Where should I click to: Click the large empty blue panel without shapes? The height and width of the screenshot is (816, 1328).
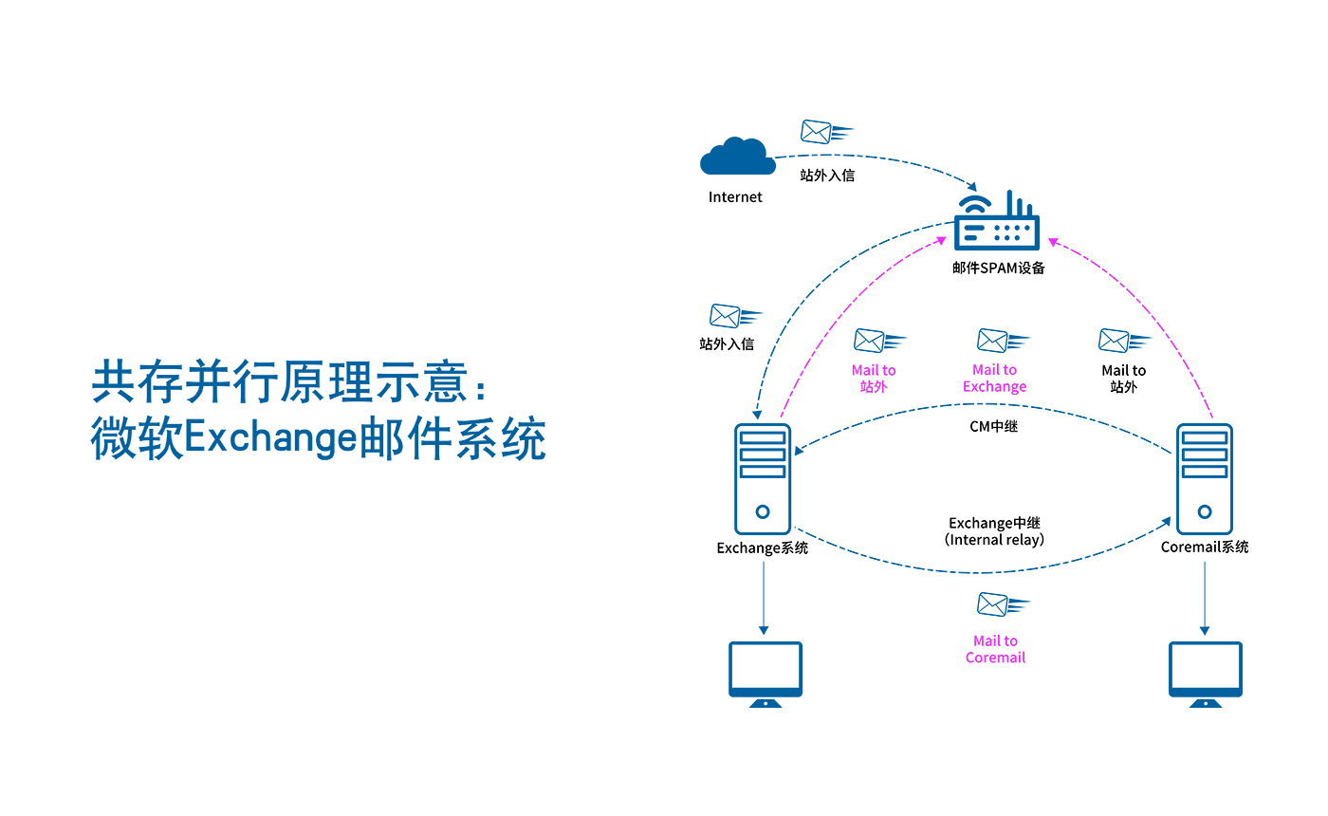[x=370, y=413]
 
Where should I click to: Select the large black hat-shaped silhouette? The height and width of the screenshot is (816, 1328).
[x=991, y=498]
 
